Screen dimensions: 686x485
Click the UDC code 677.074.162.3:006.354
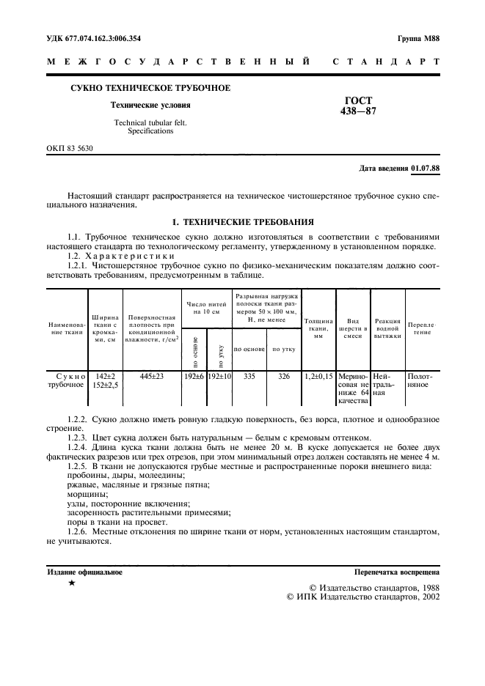tap(95, 38)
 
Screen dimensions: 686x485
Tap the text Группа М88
tap(417, 38)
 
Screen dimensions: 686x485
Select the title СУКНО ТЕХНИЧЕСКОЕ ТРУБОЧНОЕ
tap(150, 88)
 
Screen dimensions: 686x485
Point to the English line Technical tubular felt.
tap(150, 122)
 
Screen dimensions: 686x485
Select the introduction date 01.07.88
tap(426, 168)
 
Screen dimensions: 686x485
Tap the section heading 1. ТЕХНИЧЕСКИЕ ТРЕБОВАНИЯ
tap(242, 221)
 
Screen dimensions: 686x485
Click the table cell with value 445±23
tap(151, 376)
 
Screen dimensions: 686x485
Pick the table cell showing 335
tap(249, 376)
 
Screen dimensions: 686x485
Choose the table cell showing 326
tap(283, 376)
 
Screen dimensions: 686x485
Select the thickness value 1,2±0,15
tap(318, 376)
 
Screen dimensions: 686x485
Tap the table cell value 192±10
tap(219, 376)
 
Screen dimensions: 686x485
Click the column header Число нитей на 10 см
tap(205, 307)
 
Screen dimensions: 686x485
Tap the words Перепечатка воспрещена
tap(396, 571)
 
